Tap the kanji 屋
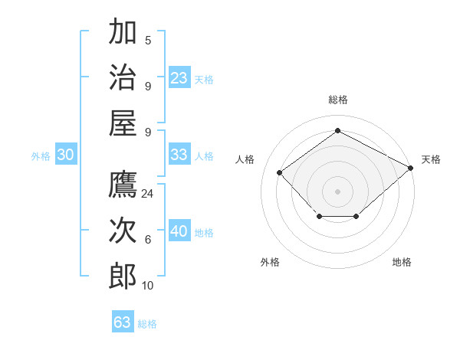123,123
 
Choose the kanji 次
123,231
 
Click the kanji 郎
123,276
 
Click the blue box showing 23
179,77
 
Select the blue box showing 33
179,155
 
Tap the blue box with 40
179,231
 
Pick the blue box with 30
66,155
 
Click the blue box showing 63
123,322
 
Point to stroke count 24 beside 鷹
148,194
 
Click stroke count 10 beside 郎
148,286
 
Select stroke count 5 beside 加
148,41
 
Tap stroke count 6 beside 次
148,240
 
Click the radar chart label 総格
337,100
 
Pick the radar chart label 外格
270,262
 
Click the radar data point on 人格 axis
280,172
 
